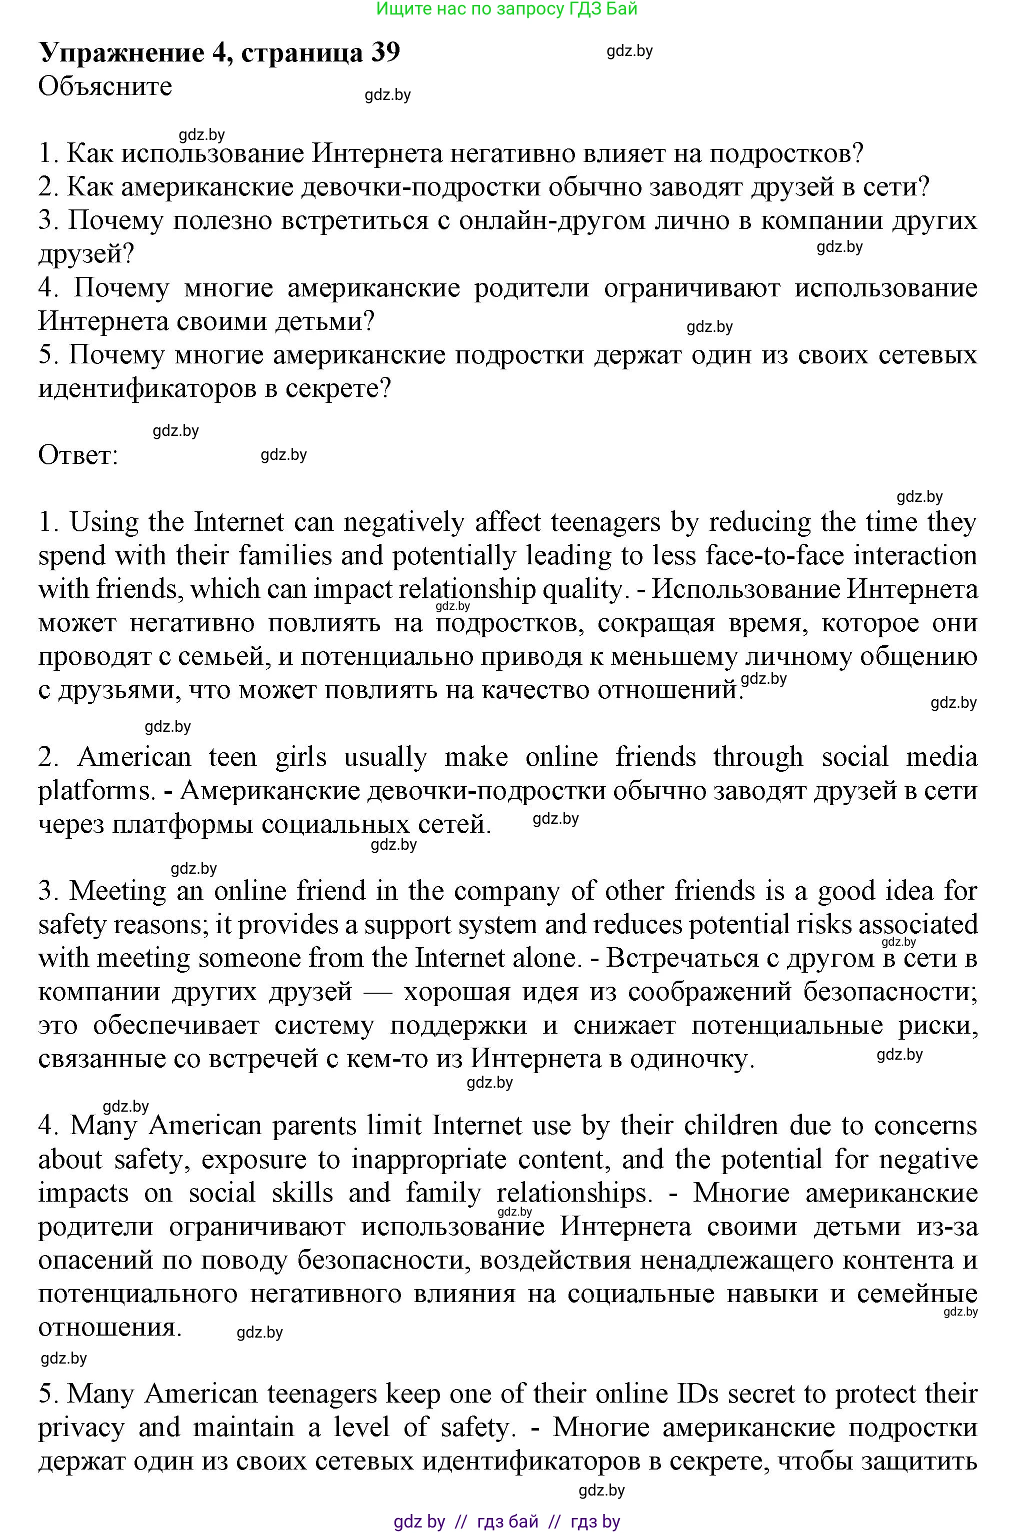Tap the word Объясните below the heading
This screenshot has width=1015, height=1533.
(x=105, y=86)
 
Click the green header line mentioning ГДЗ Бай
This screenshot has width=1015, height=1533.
(x=507, y=8)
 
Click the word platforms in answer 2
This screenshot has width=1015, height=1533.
(x=95, y=791)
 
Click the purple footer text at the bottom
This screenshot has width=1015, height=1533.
(x=507, y=1522)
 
